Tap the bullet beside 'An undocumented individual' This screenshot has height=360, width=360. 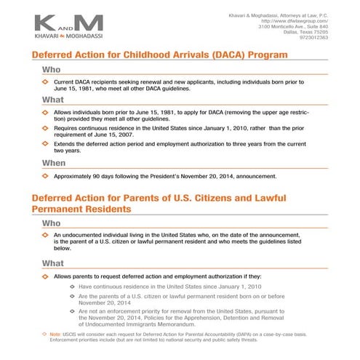click(45, 236)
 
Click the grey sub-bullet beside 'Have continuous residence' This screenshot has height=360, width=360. click(71, 287)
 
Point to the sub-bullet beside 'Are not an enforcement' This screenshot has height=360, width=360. click(71, 311)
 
